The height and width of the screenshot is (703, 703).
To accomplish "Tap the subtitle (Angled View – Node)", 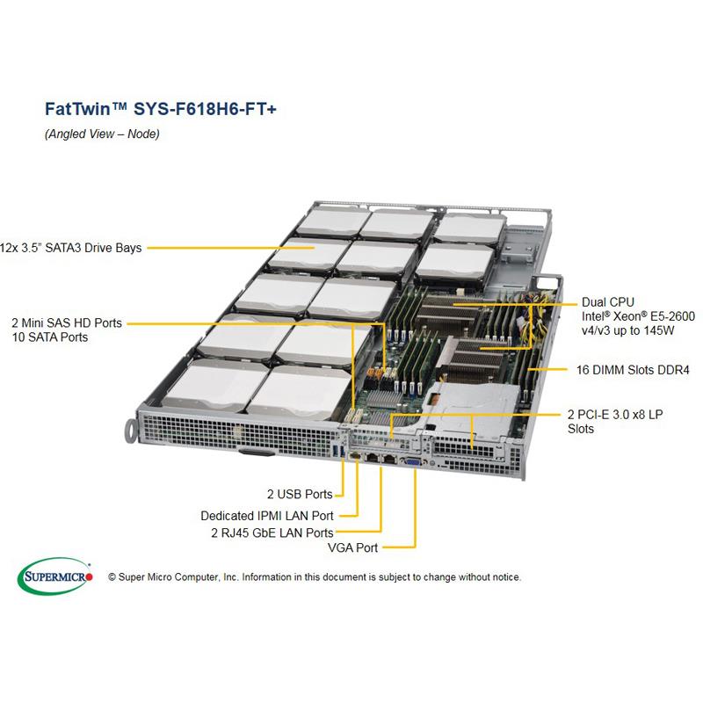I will point(102,134).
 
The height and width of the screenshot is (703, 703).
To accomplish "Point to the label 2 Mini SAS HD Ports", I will point(67,323).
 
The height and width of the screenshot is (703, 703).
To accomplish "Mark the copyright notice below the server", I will point(314,577).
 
